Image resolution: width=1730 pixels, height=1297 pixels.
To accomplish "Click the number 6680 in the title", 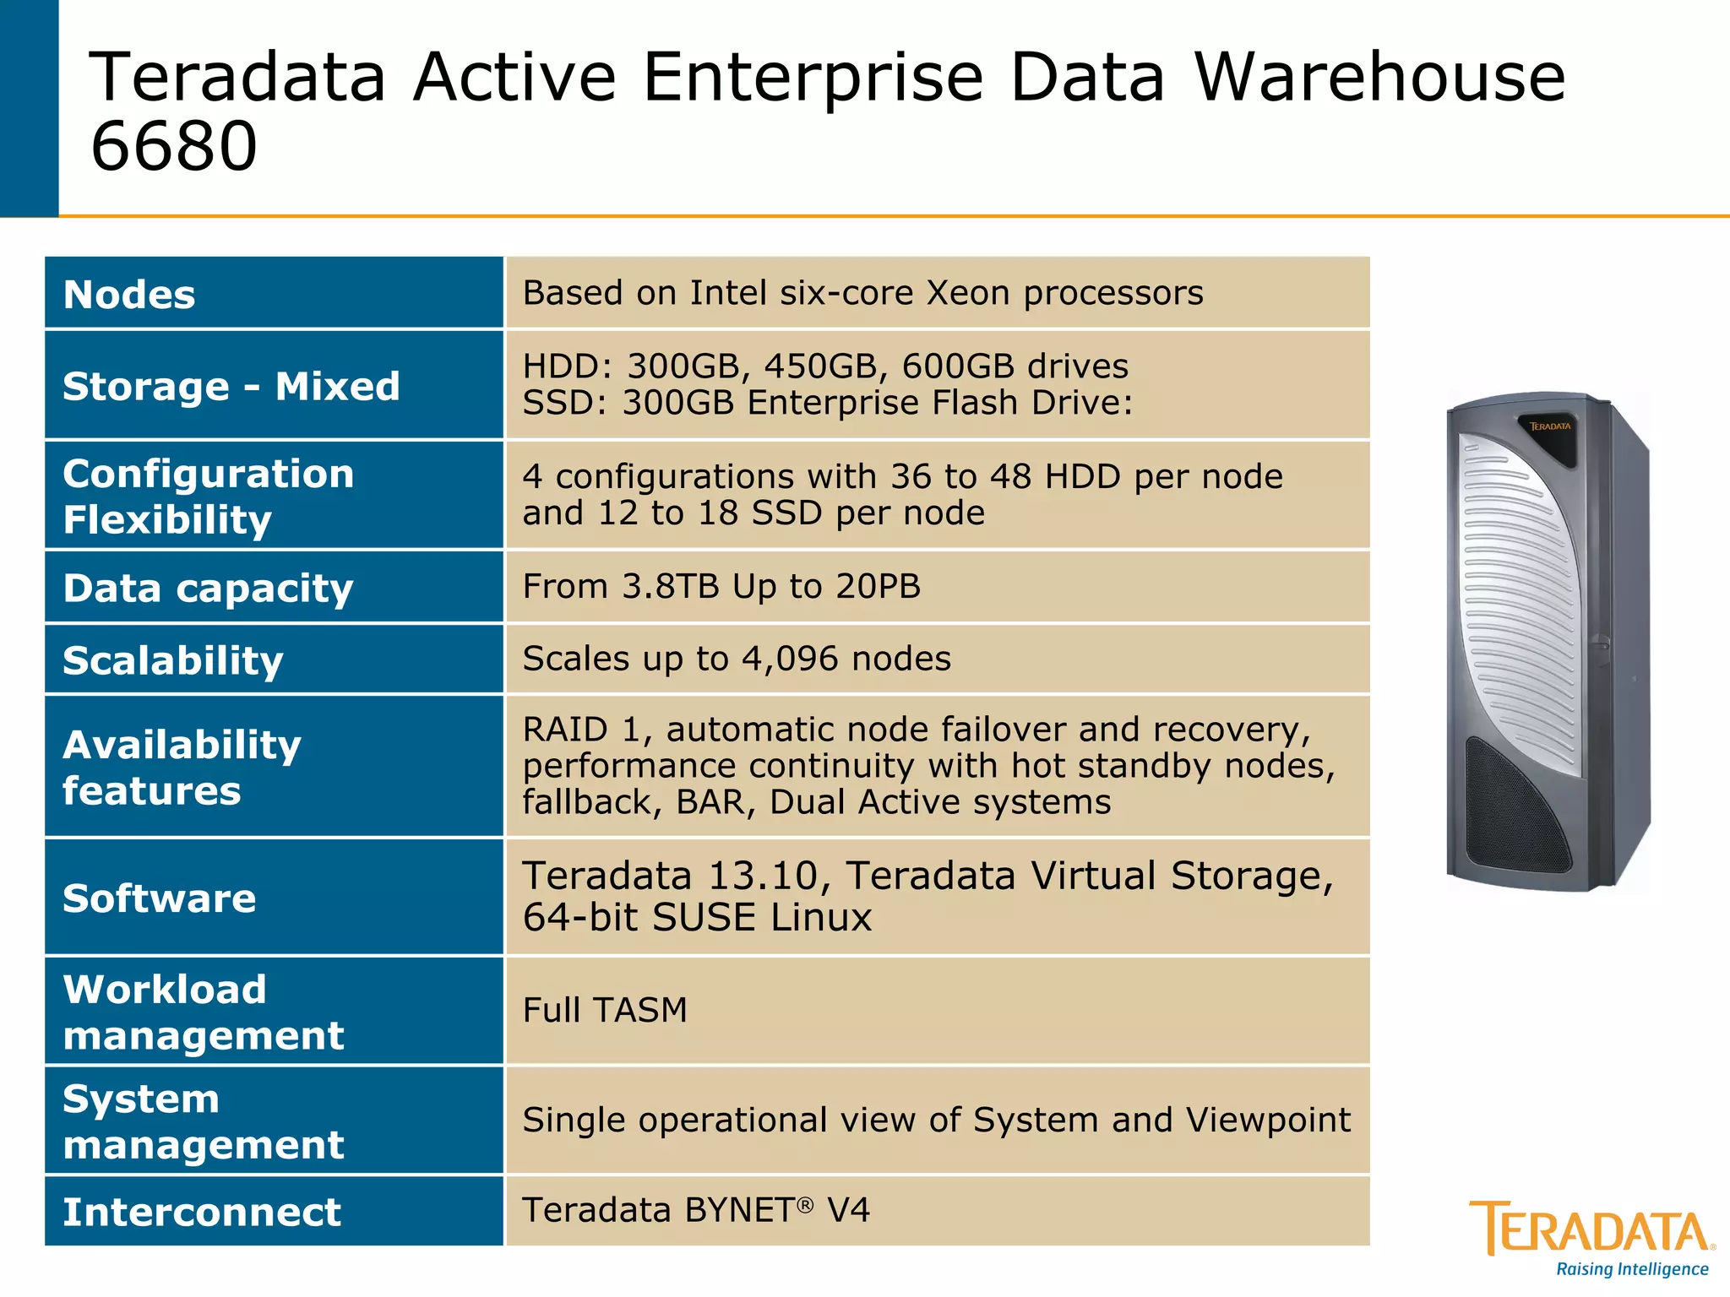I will [173, 146].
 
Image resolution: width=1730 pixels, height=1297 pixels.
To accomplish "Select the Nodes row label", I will [129, 295].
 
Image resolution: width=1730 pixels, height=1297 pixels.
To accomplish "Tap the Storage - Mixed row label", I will [231, 386].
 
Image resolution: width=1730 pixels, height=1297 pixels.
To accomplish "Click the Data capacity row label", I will [208, 588].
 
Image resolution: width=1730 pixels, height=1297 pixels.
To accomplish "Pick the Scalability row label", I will [173, 660].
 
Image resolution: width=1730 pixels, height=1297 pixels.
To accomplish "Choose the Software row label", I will [159, 898].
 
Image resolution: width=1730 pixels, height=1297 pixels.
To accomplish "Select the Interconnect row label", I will [202, 1212].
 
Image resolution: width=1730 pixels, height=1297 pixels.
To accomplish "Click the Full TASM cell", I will [605, 1010].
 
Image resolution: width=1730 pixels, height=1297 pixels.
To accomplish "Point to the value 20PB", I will [879, 586].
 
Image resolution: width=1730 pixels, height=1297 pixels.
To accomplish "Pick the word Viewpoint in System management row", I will [1268, 1120].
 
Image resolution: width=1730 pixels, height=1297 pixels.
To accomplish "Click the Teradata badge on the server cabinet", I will [1550, 427].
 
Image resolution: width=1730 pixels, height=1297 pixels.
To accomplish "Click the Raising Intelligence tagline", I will [1632, 1269].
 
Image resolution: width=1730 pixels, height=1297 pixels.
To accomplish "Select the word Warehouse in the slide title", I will [1379, 78].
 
